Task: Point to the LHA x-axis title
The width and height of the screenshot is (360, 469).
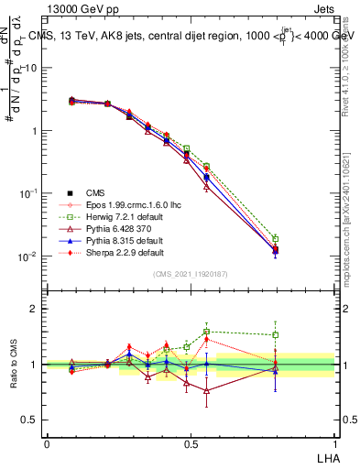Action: pos(325,455)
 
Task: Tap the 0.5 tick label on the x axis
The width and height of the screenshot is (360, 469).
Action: pos(191,443)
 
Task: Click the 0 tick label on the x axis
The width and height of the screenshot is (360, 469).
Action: pos(47,443)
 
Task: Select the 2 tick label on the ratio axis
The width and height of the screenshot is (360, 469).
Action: pos(34,309)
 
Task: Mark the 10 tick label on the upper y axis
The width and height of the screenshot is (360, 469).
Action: pos(31,68)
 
